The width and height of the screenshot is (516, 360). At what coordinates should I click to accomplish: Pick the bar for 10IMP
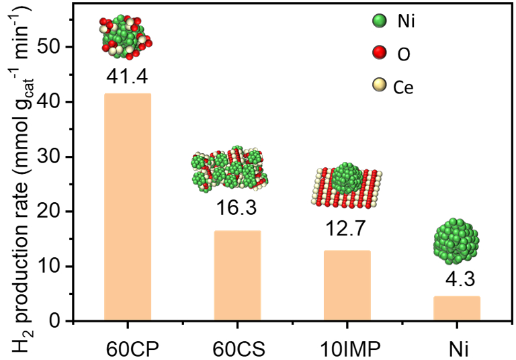(x=347, y=285)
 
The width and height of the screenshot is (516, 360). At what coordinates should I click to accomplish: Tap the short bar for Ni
(x=457, y=308)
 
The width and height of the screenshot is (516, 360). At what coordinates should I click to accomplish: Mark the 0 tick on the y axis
(x=67, y=321)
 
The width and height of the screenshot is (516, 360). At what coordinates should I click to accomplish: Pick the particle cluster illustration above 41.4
(x=127, y=36)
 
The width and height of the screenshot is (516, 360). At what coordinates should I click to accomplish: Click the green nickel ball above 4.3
(x=457, y=240)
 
